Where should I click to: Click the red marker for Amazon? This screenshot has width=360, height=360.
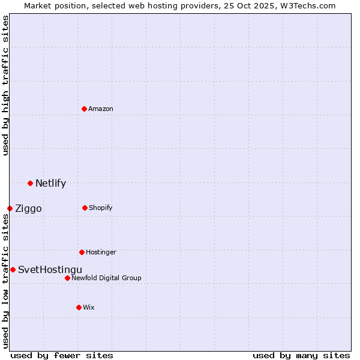[x=85, y=109]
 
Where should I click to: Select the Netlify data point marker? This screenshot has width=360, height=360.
[x=30, y=183]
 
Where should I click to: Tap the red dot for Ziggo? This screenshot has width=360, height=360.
[x=10, y=208]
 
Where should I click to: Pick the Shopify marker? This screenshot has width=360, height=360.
[x=85, y=208]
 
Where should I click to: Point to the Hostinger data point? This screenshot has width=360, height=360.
[x=82, y=252]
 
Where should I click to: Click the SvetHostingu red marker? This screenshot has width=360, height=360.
[x=13, y=269]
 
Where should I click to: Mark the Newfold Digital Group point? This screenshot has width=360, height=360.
[x=67, y=278]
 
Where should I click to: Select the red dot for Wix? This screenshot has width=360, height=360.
[x=79, y=307]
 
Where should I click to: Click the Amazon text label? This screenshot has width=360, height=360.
[x=101, y=109]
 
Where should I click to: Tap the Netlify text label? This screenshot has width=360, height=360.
[x=50, y=183]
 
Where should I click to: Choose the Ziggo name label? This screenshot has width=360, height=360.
[x=28, y=208]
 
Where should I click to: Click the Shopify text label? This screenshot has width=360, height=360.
[x=101, y=208]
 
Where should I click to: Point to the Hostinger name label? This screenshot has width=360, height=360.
[x=101, y=252]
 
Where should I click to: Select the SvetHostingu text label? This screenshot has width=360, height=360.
[x=50, y=269]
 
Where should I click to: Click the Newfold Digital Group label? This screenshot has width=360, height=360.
[x=107, y=278]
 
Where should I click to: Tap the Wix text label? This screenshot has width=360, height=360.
[x=89, y=307]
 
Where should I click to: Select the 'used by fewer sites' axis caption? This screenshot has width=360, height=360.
[x=62, y=355]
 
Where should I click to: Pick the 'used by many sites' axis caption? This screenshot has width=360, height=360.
[x=301, y=355]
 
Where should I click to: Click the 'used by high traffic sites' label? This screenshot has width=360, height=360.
[x=5, y=85]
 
